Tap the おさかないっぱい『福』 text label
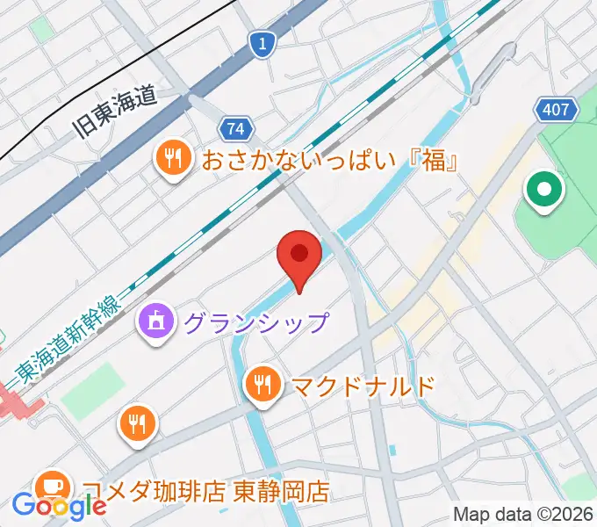332,161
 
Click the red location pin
298,257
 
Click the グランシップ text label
255,322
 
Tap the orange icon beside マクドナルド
262,383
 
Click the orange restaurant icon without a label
137,425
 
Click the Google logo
60,506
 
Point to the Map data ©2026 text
523,514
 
